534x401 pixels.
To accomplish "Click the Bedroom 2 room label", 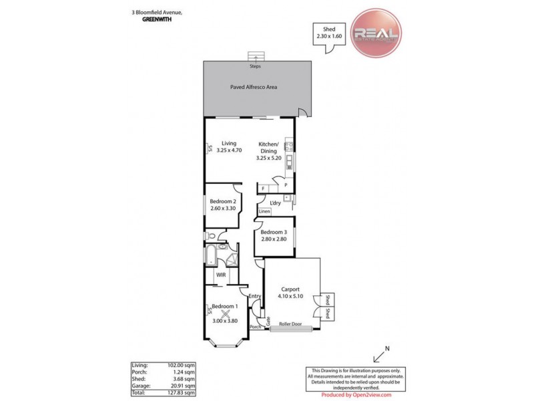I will pos(224,205).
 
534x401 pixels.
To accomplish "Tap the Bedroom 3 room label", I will pos(274,236).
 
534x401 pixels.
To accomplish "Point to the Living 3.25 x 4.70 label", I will pos(229,146).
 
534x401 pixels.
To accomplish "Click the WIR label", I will pos(220,275).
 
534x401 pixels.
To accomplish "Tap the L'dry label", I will pos(275,203).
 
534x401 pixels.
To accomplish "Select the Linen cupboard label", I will pos(264,212).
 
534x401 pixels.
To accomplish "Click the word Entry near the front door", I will pos(254,296).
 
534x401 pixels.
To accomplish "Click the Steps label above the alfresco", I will pos(255,67).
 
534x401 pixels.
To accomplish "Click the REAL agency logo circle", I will pos(376,34).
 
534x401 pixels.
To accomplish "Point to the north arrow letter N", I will pos(388,349).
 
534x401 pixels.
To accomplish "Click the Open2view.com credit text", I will pos(349,395).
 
